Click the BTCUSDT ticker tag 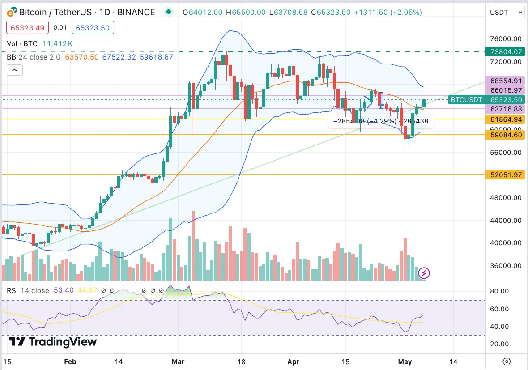(467, 100)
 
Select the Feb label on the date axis (71, 361)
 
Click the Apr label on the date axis (293, 361)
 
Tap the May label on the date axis (405, 361)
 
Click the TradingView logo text (53, 342)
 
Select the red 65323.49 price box (26, 28)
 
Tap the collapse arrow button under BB (14, 70)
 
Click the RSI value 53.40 (63, 290)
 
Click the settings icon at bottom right (507, 361)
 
